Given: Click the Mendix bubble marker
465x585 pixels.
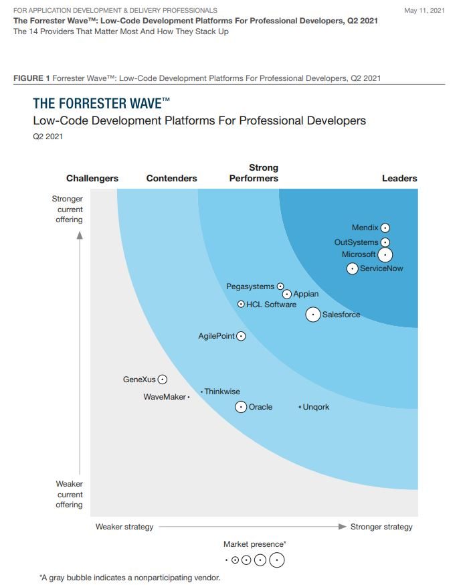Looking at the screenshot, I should (385, 228).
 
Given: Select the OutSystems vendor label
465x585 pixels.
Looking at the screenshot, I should (356, 242).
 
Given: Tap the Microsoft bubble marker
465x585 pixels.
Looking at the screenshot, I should (385, 255).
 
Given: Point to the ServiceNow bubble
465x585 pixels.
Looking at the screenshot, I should (353, 268).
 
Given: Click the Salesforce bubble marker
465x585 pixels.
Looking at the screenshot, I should (312, 315).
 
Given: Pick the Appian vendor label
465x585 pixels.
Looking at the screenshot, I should (306, 294).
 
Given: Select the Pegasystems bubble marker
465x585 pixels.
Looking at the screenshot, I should (280, 286).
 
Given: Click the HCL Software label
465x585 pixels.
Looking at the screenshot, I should (271, 305).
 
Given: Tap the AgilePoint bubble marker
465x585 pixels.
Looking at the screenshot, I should (241, 336).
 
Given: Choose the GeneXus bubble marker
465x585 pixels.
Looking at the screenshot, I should (162, 380).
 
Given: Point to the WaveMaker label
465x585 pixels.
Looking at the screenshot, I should (165, 397).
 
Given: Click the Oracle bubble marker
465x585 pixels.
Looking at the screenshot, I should (241, 406).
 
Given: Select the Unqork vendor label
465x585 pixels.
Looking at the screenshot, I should (316, 407).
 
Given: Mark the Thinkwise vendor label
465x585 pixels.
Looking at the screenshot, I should (222, 392).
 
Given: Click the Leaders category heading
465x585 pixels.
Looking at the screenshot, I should (399, 178).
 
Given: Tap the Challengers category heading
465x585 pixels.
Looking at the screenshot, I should (92, 178).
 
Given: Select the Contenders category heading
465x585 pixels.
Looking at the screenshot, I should (172, 178).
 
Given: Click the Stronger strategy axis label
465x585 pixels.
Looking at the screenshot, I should (381, 527).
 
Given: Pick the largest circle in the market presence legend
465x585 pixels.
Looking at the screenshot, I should (276, 560).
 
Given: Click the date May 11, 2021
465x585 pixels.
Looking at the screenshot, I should (424, 11).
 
